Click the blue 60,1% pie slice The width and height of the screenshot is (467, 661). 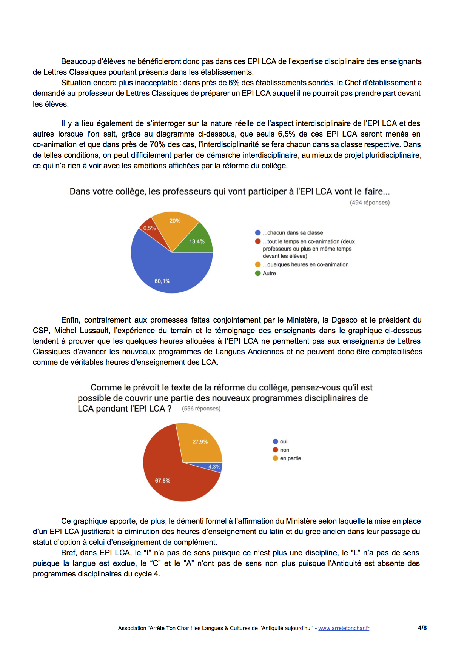pyautogui.click(x=166, y=272)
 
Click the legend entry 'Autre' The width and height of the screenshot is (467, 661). pyautogui.click(x=269, y=273)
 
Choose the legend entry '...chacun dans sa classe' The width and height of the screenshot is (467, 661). pyautogui.click(x=293, y=233)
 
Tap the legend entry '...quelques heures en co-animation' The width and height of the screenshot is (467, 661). pyautogui.click(x=305, y=264)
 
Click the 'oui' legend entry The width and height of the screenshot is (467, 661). pyautogui.click(x=284, y=441)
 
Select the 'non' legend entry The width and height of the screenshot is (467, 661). pyautogui.click(x=284, y=450)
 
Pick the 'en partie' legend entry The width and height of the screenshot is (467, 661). pyautogui.click(x=290, y=458)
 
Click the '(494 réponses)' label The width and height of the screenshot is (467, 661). pyautogui.click(x=370, y=203)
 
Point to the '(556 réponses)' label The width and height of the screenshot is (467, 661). pyautogui.click(x=201, y=409)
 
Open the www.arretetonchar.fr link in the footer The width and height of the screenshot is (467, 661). pyautogui.click(x=344, y=628)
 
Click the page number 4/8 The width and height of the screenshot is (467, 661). pyautogui.click(x=422, y=628)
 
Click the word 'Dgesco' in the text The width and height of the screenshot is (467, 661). pyautogui.click(x=344, y=320)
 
